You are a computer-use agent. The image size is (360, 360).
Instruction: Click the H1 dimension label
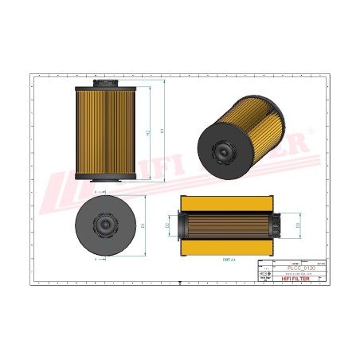click(x=163, y=131)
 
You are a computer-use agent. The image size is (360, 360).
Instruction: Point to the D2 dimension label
click(x=168, y=225)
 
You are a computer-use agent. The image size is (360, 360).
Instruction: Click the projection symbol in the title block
click(x=265, y=273)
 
